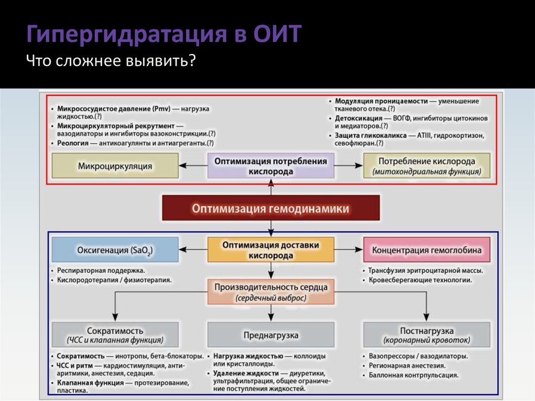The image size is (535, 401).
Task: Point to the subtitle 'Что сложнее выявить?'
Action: [112, 62]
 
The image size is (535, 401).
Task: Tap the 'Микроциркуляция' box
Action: [115, 166]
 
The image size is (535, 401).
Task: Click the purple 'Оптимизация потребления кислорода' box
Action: [271, 166]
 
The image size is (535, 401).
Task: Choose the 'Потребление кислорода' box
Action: [427, 166]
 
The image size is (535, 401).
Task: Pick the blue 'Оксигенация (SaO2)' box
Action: [115, 250]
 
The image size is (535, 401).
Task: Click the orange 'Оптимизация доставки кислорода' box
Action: [271, 250]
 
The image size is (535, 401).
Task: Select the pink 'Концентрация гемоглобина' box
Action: [427, 250]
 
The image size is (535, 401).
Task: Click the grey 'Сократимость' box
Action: [115, 335]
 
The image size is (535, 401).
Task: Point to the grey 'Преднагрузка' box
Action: [271, 335]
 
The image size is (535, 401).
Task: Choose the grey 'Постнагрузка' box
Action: [427, 335]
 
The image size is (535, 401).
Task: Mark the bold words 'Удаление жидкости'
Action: [245, 373]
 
